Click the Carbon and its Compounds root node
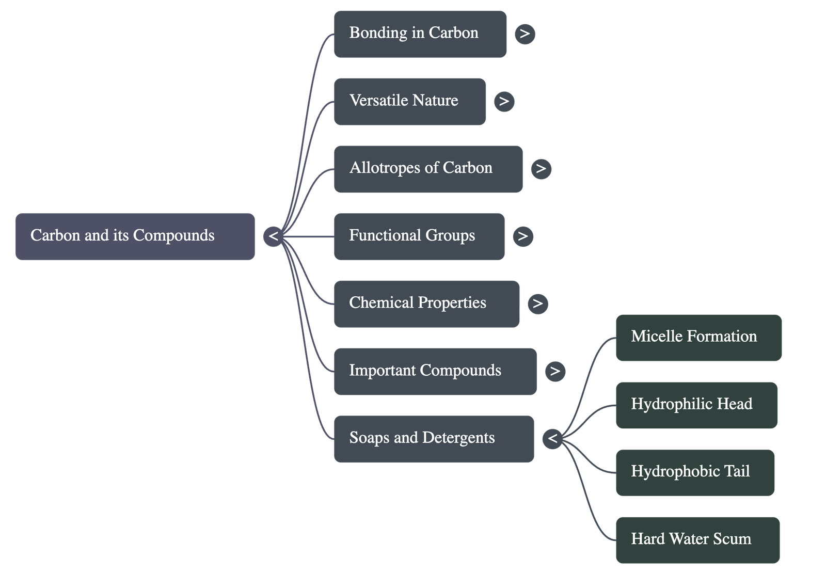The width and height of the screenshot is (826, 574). click(x=135, y=236)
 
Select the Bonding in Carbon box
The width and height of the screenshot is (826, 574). click(x=420, y=34)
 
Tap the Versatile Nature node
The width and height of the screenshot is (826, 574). click(x=409, y=102)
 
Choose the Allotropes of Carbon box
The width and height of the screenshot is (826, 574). click(x=428, y=169)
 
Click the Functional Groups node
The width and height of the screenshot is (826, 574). click(x=419, y=236)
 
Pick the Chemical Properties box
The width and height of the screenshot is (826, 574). click(x=426, y=304)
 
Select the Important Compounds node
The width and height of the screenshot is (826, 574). click(x=435, y=372)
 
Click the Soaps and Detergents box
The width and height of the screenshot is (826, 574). click(x=434, y=439)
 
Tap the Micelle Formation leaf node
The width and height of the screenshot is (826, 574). click(x=698, y=338)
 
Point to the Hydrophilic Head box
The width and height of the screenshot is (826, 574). click(x=696, y=405)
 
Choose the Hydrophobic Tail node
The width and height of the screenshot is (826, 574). click(x=695, y=472)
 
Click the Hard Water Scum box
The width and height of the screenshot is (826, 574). click(x=697, y=540)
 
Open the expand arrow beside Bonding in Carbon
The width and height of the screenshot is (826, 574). click(x=525, y=34)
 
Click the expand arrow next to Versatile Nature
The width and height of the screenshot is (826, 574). click(x=504, y=102)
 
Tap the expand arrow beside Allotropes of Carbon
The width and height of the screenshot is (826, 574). click(x=541, y=169)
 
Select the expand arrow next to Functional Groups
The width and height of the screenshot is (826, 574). click(x=523, y=236)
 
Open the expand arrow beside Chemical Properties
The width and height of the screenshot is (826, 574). click(x=538, y=304)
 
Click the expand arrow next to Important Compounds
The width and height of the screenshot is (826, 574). click(x=555, y=371)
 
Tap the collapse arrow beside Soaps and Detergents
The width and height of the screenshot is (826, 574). click(x=552, y=439)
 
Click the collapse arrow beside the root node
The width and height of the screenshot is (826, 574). click(x=273, y=236)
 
